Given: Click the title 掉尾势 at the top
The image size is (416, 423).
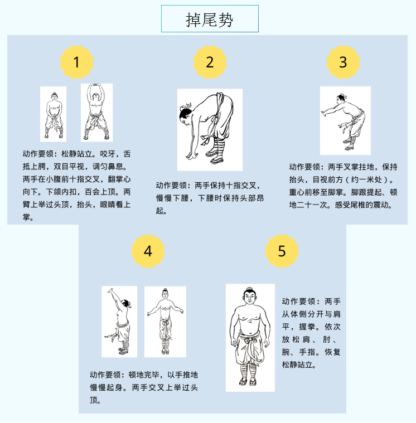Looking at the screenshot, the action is (x=210, y=20).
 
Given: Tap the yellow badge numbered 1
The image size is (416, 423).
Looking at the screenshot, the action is (x=76, y=62).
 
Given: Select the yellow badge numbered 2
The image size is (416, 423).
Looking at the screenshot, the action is (x=210, y=62).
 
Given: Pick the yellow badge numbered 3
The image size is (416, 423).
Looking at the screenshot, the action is (x=343, y=62).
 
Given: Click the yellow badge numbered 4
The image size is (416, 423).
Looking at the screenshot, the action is (x=148, y=251).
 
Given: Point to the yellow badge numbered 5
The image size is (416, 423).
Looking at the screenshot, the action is (x=282, y=251).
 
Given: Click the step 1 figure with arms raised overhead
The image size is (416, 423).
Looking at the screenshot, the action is (x=96, y=112).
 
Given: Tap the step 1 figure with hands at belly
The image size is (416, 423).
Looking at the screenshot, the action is (x=54, y=115).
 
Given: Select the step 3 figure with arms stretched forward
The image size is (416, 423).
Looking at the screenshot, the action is (x=344, y=121).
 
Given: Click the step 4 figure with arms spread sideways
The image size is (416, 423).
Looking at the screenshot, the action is (x=165, y=321).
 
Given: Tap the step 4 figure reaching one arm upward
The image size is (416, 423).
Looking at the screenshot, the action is (x=119, y=321).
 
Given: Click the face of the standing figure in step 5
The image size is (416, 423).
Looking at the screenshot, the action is (x=250, y=297).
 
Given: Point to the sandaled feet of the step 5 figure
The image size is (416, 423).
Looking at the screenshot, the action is (x=248, y=381).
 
